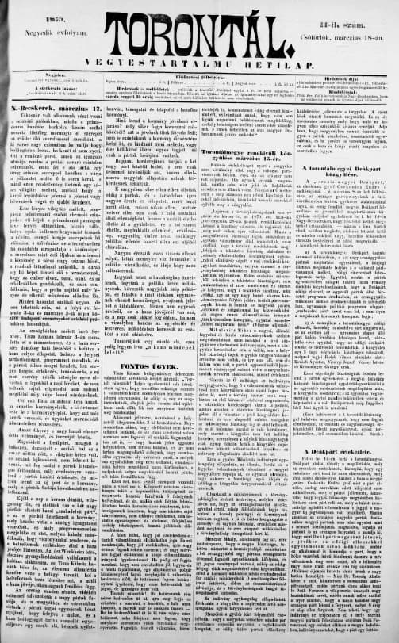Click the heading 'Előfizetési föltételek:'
[198, 67]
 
